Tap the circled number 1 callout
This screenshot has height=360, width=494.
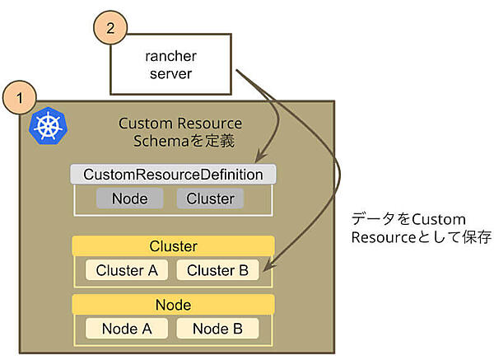[20, 97]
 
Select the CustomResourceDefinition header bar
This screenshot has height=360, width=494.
[173, 175]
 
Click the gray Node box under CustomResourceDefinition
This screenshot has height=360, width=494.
[128, 199]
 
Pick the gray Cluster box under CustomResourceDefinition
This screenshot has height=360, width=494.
[210, 199]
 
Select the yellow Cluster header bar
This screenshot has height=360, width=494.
[173, 245]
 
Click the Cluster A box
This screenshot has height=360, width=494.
[128, 269]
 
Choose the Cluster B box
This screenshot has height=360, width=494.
[217, 269]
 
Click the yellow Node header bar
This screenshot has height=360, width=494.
[173, 305]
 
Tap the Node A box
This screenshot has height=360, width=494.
[128, 328]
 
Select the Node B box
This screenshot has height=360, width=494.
[217, 328]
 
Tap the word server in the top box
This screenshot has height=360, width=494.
[173, 75]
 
